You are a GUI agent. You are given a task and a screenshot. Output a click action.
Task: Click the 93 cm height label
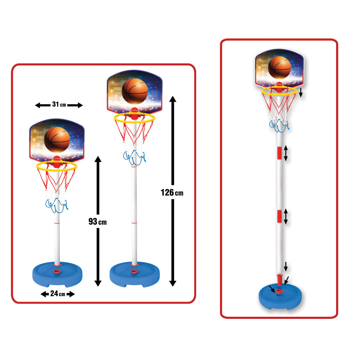[x=97, y=222]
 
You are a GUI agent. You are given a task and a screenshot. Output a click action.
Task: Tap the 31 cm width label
[x=59, y=105]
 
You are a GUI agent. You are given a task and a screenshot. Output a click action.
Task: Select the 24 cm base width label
[x=58, y=294]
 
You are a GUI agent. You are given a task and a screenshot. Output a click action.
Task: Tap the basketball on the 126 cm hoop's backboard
[x=135, y=91]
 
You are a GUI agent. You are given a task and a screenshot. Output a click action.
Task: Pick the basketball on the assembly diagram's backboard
[x=279, y=67]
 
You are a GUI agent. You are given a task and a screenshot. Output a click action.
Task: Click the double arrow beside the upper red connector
[x=286, y=153]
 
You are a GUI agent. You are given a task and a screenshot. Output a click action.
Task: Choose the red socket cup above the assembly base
[x=279, y=280]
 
